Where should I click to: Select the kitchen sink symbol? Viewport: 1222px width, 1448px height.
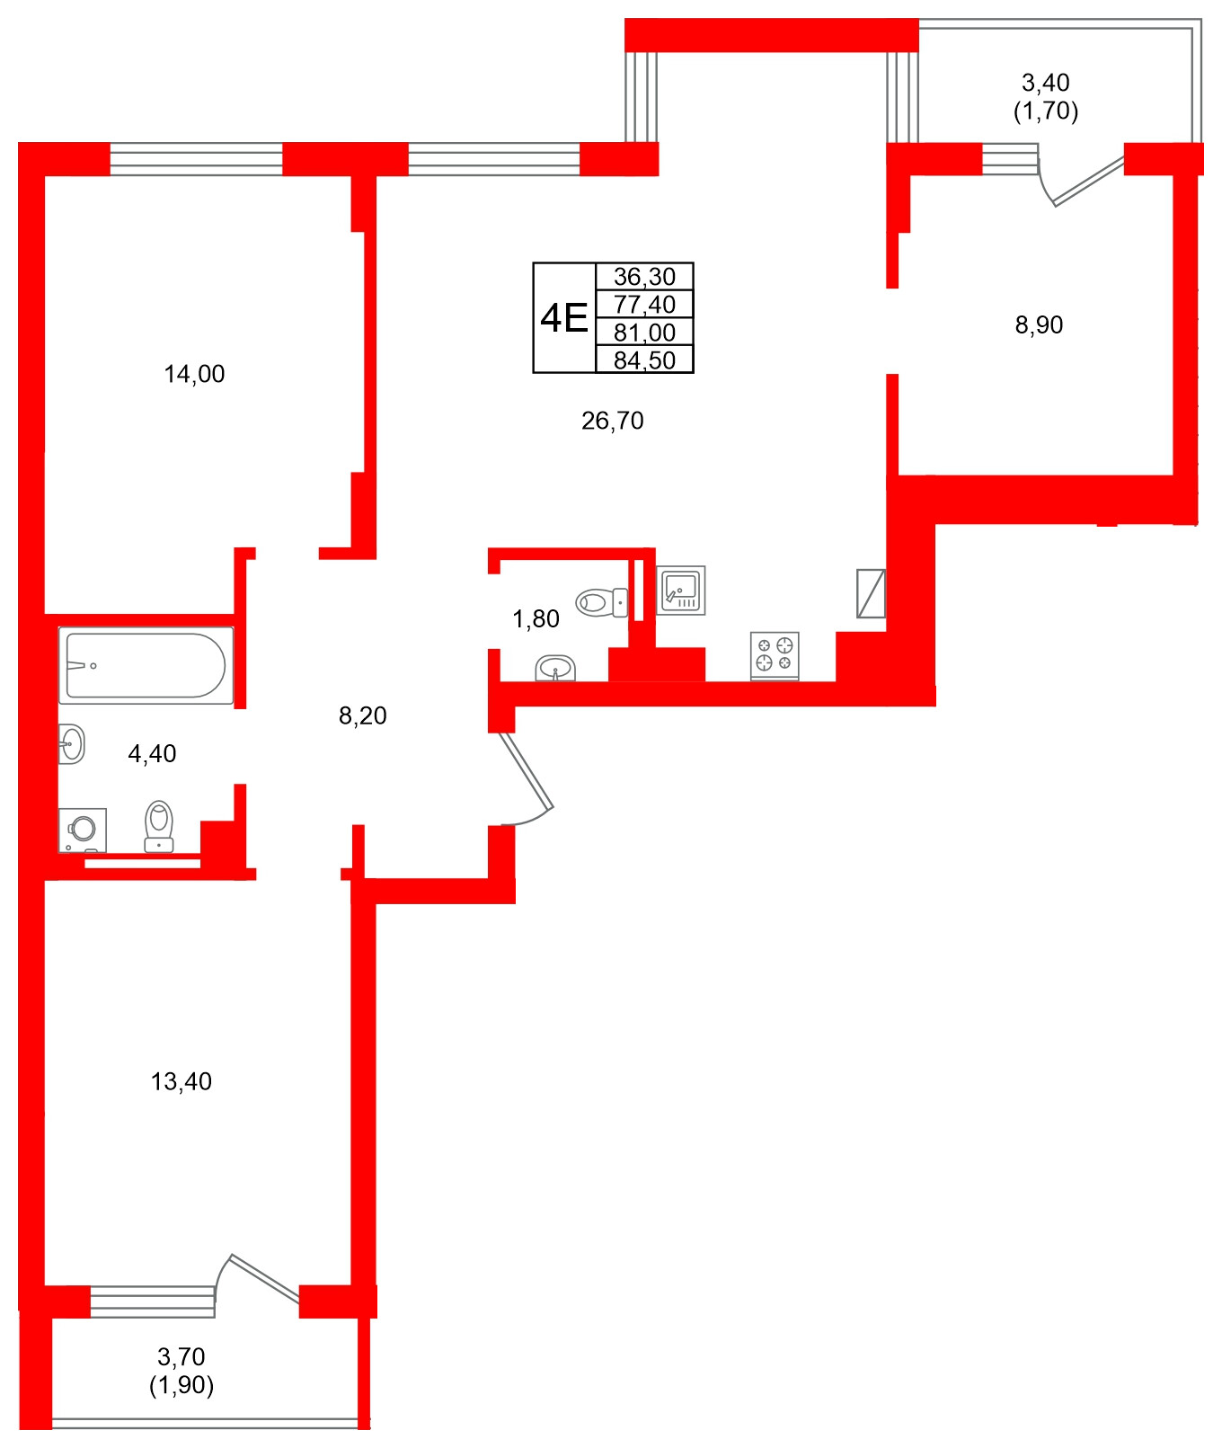pyautogui.click(x=680, y=591)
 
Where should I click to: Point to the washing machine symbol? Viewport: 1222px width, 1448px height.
pyautogui.click(x=83, y=830)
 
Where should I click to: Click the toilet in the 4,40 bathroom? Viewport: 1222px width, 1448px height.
pyautogui.click(x=159, y=825)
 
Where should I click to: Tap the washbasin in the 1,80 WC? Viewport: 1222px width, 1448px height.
pyautogui.click(x=555, y=669)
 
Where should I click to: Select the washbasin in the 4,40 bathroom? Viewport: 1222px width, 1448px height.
pyautogui.click(x=72, y=744)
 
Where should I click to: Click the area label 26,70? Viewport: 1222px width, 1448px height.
pyautogui.click(x=612, y=421)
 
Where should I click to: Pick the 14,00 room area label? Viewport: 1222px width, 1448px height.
pyautogui.click(x=194, y=374)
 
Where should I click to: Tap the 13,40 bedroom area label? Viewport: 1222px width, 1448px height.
pyautogui.click(x=182, y=1081)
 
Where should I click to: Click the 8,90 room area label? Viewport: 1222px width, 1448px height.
pyautogui.click(x=1039, y=324)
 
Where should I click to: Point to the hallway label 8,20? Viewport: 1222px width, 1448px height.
pyautogui.click(x=362, y=715)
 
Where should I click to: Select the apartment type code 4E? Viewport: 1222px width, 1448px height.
pyautogui.click(x=564, y=317)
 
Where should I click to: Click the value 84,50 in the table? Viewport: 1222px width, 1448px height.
pyautogui.click(x=644, y=360)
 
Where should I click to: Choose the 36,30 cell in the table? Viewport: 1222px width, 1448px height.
pyautogui.click(x=644, y=276)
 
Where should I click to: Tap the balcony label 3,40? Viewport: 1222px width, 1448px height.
pyautogui.click(x=1046, y=83)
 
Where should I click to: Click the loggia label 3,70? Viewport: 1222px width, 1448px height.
pyautogui.click(x=182, y=1356)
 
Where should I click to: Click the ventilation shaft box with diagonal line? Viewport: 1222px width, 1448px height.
pyautogui.click(x=871, y=594)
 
